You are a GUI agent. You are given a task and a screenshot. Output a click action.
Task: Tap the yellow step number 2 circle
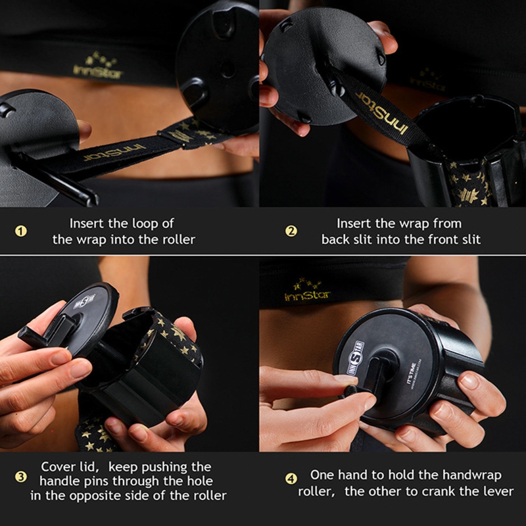291,231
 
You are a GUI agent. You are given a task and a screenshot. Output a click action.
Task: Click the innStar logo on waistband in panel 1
97,66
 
